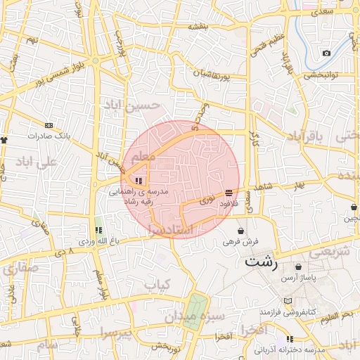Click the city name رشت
262,263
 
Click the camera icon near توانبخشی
326,53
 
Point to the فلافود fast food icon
229,193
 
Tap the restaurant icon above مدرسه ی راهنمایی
147,180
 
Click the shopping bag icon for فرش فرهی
241,231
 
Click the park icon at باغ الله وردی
98,230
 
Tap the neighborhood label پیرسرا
117,331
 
